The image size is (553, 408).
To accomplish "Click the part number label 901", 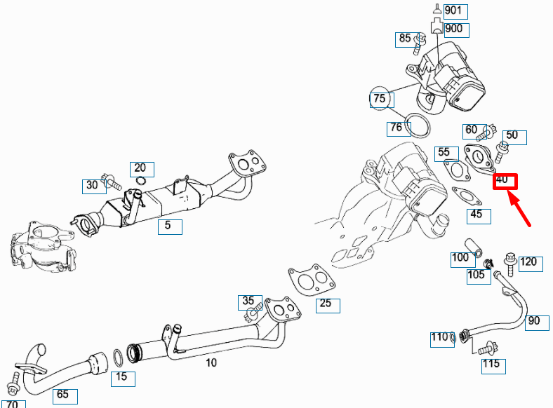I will pos(453,11).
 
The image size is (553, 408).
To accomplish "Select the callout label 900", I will pos(453,29).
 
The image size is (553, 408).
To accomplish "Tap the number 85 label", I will pos(405,39).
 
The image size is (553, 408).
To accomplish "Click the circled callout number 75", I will pos(379,99).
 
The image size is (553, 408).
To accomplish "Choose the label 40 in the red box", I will pos(502,181).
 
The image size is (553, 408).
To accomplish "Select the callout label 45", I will pos(477,215).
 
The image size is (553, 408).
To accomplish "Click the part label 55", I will pos(443,152).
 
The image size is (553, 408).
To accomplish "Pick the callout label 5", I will pos(168,226).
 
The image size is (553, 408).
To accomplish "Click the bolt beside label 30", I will pos(112,184).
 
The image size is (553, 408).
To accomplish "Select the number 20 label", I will pos(140,168).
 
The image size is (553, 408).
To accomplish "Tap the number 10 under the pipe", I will pos(211,362).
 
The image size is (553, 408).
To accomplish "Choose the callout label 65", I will pos(62,395).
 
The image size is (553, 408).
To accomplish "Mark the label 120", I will pos(528,262).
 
